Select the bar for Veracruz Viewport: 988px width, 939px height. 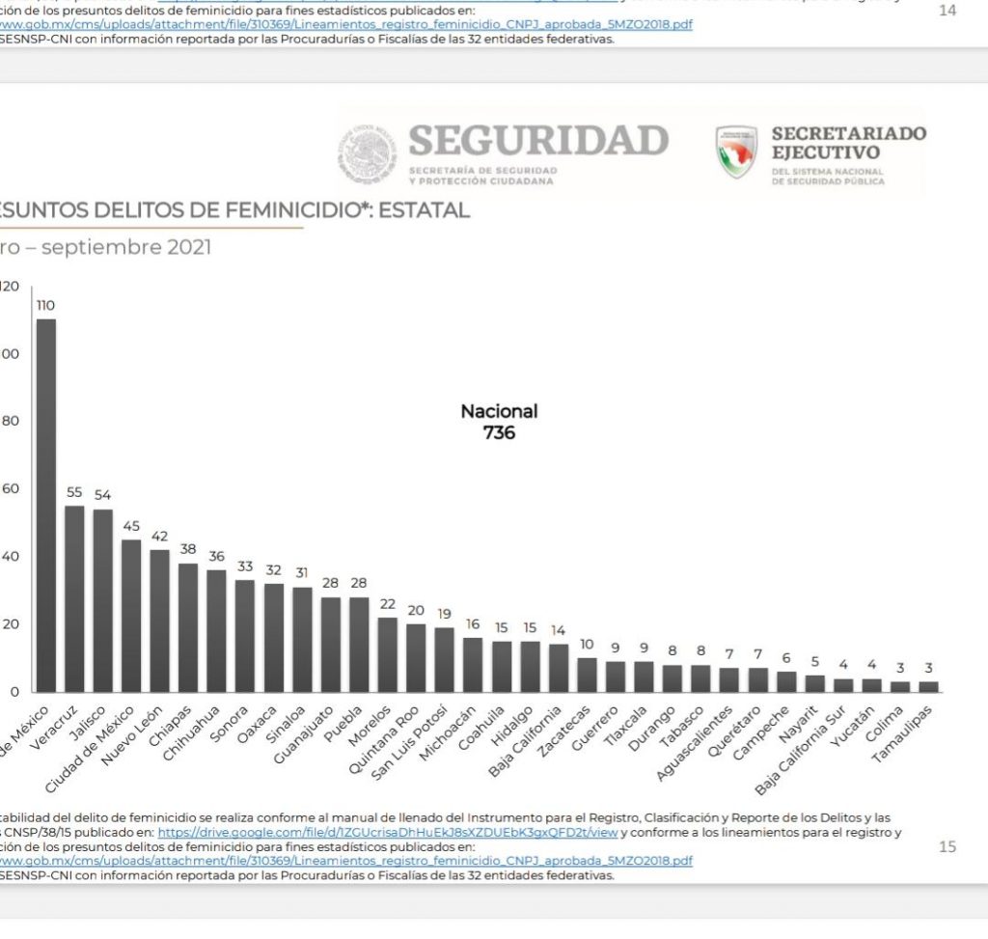pyautogui.click(x=74, y=598)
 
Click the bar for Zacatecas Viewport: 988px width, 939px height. pyautogui.click(x=587, y=675)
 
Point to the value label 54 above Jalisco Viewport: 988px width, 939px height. pyautogui.click(x=102, y=495)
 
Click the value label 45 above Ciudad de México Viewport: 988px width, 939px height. pyautogui.click(x=131, y=526)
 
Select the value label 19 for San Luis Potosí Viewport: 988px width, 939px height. pyautogui.click(x=444, y=614)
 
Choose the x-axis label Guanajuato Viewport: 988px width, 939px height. pyautogui.click(x=299, y=739)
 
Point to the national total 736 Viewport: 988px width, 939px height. pyautogui.click(x=499, y=433)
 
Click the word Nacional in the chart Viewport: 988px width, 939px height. pyautogui.click(x=499, y=411)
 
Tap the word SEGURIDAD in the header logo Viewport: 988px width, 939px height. pyautogui.click(x=538, y=141)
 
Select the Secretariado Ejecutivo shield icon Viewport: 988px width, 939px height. pyautogui.click(x=736, y=152)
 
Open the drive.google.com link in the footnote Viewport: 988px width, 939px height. pyautogui.click(x=387, y=832)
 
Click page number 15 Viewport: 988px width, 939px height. pyautogui.click(x=947, y=846)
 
